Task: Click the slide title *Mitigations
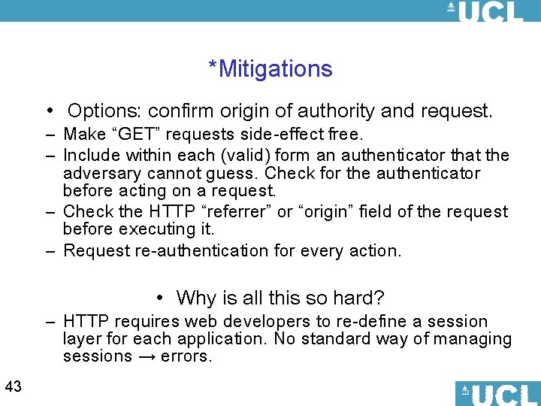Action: pyautogui.click(x=270, y=69)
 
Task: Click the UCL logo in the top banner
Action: pyautogui.click(x=485, y=11)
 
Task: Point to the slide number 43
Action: pyautogui.click(x=13, y=387)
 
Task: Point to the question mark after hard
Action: pyautogui.click(x=380, y=298)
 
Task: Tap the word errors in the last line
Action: pyautogui.click(x=186, y=356)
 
